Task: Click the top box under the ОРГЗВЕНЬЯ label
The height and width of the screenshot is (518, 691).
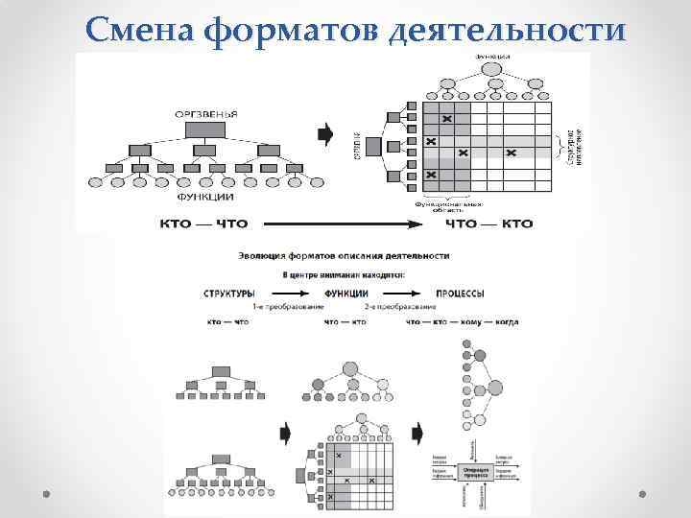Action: pos(204,129)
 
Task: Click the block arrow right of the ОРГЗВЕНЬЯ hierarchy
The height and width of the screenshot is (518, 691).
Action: pos(325,132)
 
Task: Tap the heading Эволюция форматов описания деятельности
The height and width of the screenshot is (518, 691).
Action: pos(345,255)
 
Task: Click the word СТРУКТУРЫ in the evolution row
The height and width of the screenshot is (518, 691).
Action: pos(228,293)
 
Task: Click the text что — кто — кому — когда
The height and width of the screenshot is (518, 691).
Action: pos(462,322)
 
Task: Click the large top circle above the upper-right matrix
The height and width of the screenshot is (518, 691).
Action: pos(492,67)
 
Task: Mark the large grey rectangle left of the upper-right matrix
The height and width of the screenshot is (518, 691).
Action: pos(392,147)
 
